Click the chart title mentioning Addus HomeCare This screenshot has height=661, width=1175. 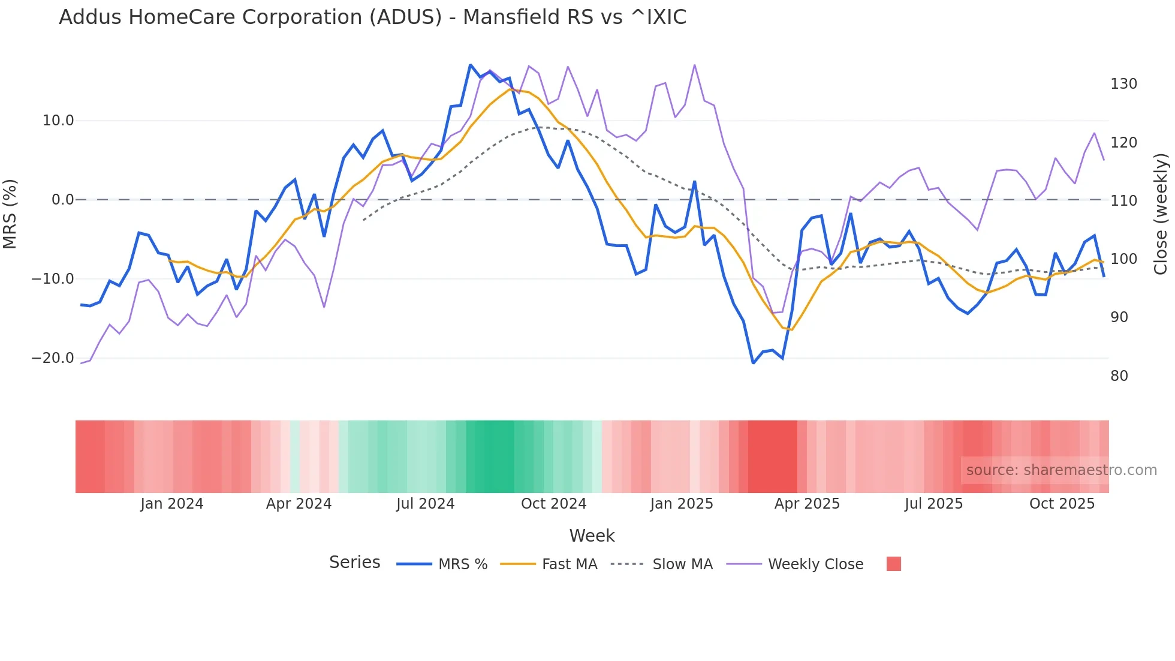372,17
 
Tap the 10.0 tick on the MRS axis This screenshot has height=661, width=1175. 58,121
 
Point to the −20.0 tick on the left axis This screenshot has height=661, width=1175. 53,358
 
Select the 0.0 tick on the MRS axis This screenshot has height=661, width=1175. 63,200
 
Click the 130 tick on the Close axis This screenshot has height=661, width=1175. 1123,84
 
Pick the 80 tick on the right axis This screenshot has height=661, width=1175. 1119,376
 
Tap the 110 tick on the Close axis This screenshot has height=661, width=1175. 1123,201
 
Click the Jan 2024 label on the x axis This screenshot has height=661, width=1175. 172,504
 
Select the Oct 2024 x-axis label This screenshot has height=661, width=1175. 553,504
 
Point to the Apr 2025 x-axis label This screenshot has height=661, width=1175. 807,504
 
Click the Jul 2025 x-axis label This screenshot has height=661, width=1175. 933,504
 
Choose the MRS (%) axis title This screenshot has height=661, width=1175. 10,214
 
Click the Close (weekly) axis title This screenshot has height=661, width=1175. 1161,214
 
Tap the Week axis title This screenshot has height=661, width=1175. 592,536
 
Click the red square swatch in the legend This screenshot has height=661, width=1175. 893,564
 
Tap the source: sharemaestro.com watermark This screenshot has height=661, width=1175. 1061,470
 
